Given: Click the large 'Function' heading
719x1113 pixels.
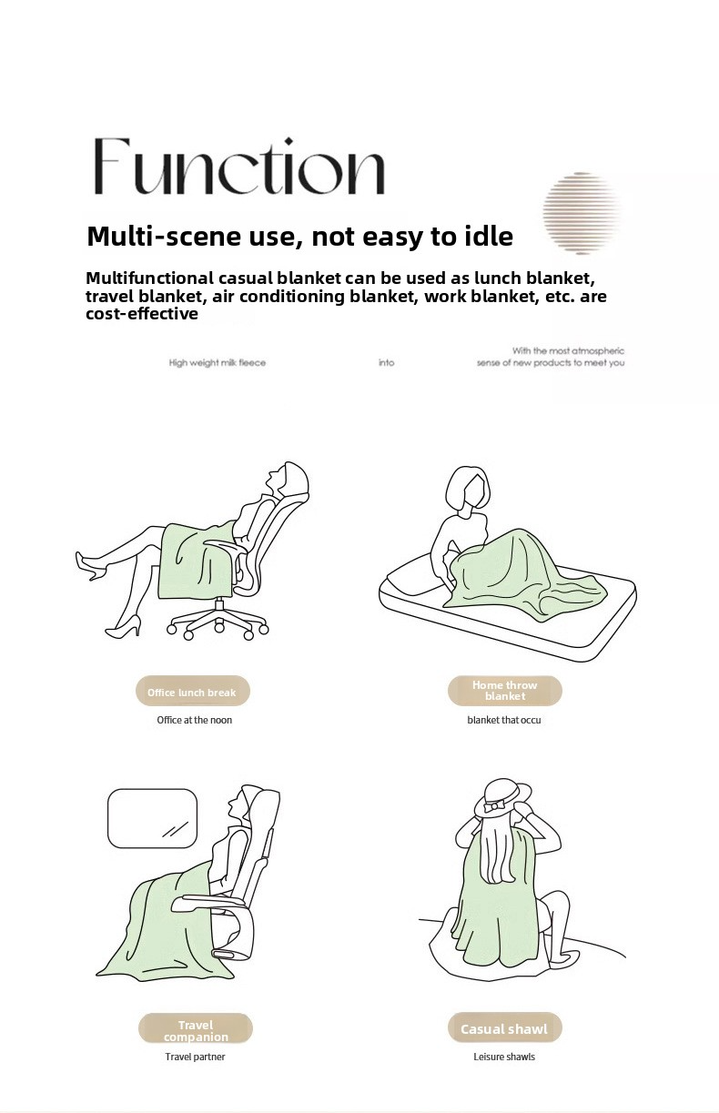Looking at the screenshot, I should coord(238,167).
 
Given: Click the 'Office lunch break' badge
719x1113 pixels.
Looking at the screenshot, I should coord(192,692).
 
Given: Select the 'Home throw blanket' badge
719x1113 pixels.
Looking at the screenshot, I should coord(504,691).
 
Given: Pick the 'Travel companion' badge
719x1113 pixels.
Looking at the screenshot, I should coord(196,1029).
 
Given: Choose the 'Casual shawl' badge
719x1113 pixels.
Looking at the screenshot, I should coord(504,1028).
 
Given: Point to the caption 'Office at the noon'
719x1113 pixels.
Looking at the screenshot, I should coord(194,720).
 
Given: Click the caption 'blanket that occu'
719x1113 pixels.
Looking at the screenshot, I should coord(504,720).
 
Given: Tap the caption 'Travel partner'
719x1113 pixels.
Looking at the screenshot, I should coord(195,1057).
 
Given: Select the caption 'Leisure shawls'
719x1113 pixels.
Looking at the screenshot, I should coord(504,1057).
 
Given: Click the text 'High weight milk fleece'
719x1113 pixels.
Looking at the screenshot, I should coord(218,363).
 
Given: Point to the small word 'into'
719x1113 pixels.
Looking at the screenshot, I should coord(387,363).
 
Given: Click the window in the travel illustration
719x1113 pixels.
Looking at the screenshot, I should coord(152,817).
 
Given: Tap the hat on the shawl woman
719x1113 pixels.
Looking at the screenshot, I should coord(497,798).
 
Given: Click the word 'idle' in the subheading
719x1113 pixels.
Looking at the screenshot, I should coord(486,237).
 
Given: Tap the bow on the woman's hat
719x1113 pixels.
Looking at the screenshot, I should coord(494,805).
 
